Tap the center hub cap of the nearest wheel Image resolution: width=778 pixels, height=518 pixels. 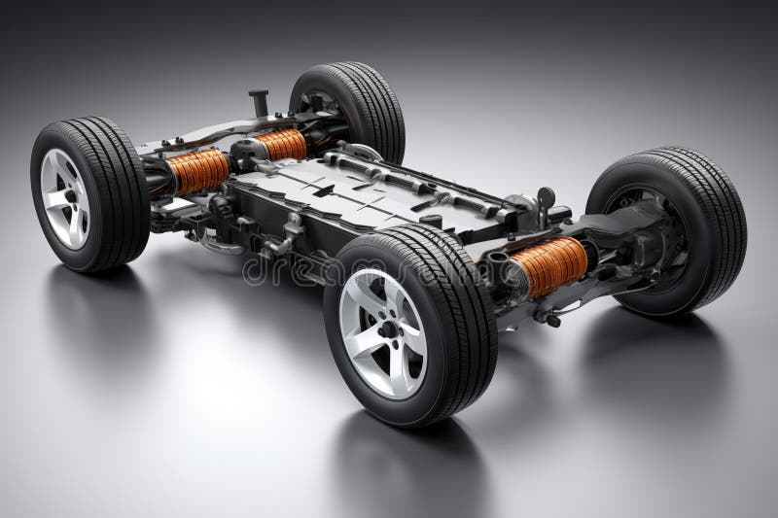387,329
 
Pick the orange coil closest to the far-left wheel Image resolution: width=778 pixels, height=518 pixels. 197,171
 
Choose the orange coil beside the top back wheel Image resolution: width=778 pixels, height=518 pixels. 281,145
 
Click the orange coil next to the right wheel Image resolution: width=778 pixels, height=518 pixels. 550,266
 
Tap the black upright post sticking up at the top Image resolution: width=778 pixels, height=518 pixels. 258,103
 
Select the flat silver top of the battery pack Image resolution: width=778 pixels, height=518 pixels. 321,190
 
